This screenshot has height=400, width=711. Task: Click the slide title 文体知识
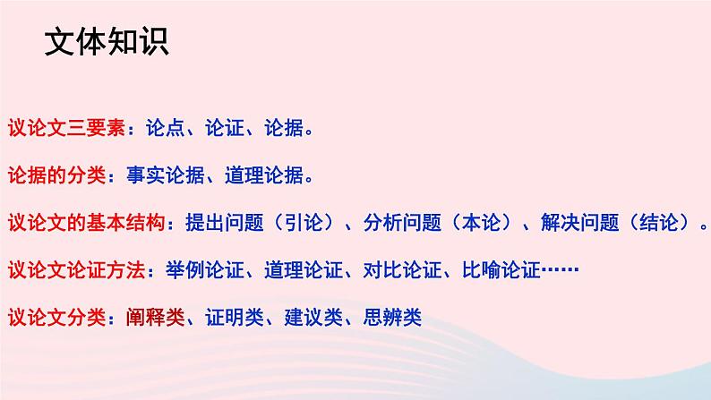click(x=106, y=42)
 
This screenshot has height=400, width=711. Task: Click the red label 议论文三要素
click(x=65, y=127)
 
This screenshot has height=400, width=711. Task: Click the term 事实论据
click(x=154, y=174)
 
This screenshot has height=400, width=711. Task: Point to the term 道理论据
click(x=256, y=174)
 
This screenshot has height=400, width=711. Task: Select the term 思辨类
click(x=392, y=316)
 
